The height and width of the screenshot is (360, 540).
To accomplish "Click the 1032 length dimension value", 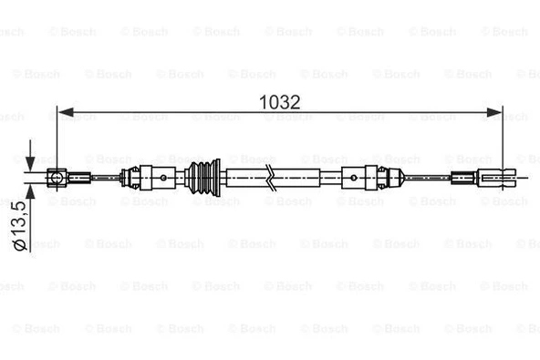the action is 279,102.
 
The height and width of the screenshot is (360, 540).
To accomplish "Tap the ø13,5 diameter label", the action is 20,226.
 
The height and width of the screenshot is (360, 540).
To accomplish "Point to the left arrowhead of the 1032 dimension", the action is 66,112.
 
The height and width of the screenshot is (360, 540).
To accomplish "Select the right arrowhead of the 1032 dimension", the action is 493,112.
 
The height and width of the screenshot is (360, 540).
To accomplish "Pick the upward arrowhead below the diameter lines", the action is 31,192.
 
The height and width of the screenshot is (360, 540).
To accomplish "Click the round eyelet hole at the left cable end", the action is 56,178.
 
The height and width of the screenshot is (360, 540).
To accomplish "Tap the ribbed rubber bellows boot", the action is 202,178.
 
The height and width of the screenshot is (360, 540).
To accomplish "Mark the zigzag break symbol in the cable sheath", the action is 271,178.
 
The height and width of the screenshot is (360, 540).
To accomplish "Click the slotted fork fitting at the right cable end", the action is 497,178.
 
